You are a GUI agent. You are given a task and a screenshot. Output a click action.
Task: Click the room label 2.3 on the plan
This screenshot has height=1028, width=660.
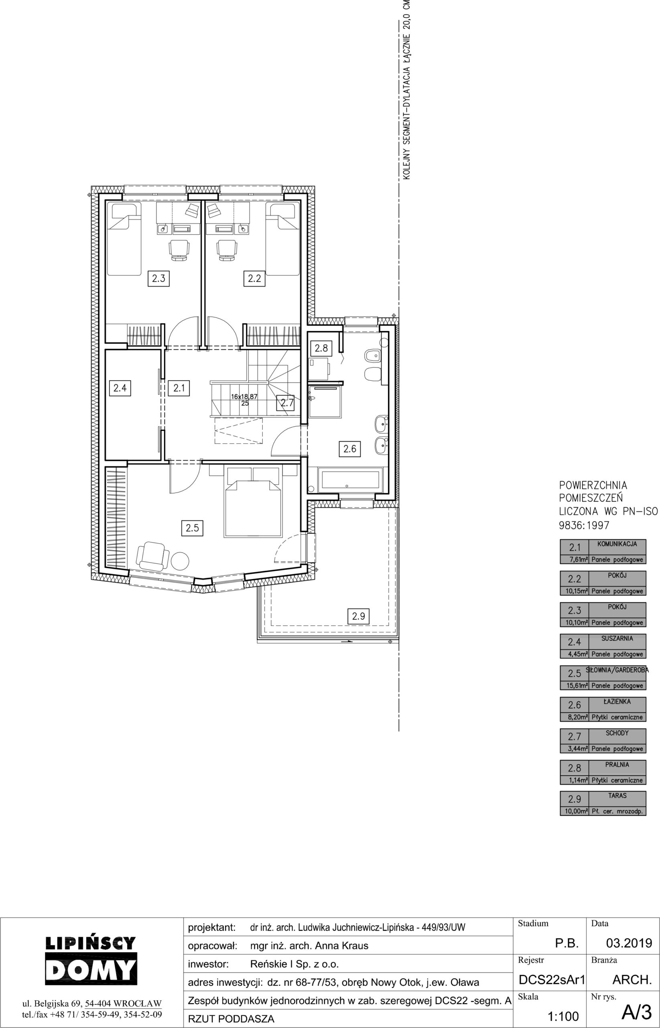(x=158, y=279)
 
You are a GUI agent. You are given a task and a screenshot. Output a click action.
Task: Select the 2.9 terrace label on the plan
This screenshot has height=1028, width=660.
(x=358, y=616)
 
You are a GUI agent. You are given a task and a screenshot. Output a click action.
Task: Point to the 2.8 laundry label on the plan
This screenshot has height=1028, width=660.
(x=321, y=348)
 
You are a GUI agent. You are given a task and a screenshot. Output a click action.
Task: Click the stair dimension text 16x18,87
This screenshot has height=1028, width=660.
(x=244, y=397)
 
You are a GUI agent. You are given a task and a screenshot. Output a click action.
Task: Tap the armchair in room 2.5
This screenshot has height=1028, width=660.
(x=150, y=556)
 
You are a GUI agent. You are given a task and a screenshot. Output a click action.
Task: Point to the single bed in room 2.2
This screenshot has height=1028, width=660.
(x=282, y=239)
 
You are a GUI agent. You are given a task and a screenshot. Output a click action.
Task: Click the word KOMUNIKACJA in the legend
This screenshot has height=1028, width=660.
(x=617, y=544)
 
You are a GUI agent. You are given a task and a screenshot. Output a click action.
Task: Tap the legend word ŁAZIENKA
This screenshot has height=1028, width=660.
(x=617, y=701)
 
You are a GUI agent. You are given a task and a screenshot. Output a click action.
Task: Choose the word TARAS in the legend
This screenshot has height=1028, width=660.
(x=617, y=795)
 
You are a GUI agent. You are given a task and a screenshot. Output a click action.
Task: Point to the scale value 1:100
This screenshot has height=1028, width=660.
(x=563, y=1016)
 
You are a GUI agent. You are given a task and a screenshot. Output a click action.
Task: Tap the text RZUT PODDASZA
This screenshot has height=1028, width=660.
(x=231, y=1019)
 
